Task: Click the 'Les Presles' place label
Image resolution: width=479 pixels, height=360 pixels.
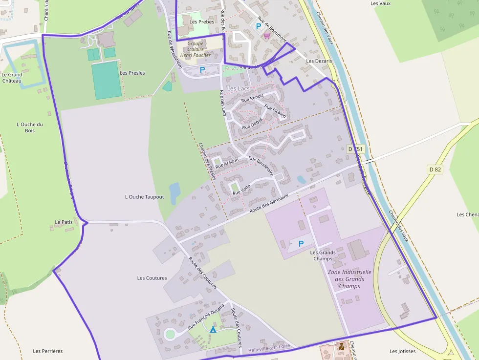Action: (x=132, y=73)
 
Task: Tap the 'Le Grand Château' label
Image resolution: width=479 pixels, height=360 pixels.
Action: (x=12, y=78)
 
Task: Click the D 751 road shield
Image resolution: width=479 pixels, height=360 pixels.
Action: (x=356, y=148)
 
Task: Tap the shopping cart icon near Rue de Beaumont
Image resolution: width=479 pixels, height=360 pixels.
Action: (x=267, y=36)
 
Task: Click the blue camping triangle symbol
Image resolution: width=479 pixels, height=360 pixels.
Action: (x=213, y=330)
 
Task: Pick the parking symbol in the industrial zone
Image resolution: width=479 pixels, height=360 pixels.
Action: (x=301, y=243)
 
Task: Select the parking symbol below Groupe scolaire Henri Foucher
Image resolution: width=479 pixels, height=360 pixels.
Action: (x=202, y=70)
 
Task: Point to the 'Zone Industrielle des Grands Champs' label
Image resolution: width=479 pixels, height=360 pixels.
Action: (x=349, y=279)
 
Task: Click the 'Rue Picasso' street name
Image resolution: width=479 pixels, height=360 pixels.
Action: (x=275, y=111)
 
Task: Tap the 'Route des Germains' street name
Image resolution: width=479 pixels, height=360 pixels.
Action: (x=269, y=203)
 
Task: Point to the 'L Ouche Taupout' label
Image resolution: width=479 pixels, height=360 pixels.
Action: (x=144, y=197)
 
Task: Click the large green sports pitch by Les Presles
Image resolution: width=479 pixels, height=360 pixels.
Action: (x=106, y=80)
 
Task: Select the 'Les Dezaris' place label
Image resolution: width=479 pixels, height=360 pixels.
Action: (x=319, y=61)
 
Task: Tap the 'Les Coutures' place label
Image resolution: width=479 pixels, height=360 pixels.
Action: (x=152, y=278)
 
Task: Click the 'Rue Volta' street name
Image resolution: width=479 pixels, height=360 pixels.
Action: (x=241, y=190)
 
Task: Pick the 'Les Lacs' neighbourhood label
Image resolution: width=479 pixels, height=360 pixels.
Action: (x=238, y=88)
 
